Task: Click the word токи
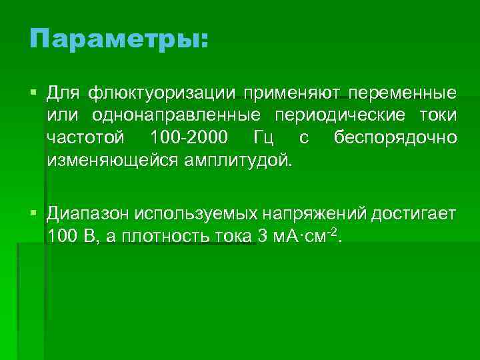tap(438, 115)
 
